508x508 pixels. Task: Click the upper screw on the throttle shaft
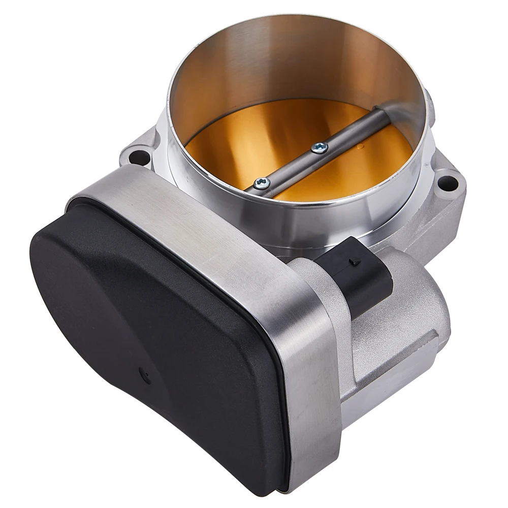[x=319, y=148]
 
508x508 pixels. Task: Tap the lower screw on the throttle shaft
[x=262, y=184]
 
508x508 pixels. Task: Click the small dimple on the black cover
[x=146, y=376]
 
